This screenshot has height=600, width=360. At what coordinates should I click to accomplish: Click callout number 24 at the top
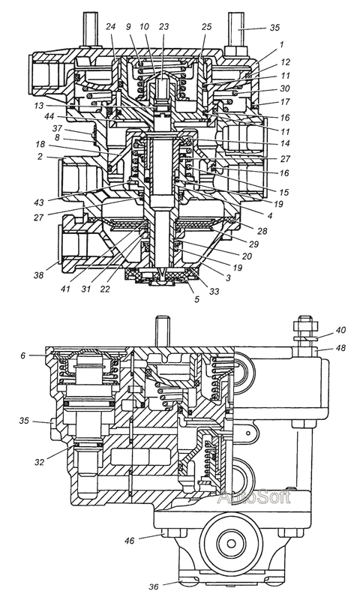pyautogui.click(x=111, y=28)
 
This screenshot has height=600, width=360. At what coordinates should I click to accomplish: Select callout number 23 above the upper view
pyautogui.click(x=164, y=28)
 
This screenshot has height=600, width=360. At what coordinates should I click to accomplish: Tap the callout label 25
pyautogui.click(x=206, y=28)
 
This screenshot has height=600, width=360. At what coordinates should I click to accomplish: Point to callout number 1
pyautogui.click(x=281, y=45)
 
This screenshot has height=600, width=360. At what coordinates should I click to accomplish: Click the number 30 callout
pyautogui.click(x=285, y=88)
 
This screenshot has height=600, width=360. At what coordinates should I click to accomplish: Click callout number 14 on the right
pyautogui.click(x=284, y=143)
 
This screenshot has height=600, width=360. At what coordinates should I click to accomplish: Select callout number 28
pyautogui.click(x=262, y=231)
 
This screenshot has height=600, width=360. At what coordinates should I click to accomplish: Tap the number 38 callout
pyautogui.click(x=39, y=274)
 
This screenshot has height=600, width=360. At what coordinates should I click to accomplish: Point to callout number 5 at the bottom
pyautogui.click(x=196, y=299)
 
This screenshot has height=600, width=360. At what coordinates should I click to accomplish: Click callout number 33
pyautogui.click(x=214, y=291)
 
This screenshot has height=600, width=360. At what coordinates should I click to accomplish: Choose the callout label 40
pyautogui.click(x=341, y=330)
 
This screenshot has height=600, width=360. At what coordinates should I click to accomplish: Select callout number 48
pyautogui.click(x=340, y=348)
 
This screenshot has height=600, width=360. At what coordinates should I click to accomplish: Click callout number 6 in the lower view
pyautogui.click(x=23, y=355)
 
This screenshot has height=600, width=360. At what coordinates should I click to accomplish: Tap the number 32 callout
pyautogui.click(x=39, y=462)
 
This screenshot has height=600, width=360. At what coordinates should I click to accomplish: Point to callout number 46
pyautogui.click(x=130, y=541)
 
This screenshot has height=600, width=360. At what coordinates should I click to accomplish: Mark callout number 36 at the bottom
pyautogui.click(x=154, y=586)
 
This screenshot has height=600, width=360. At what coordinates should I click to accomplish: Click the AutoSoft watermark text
pyautogui.click(x=254, y=497)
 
